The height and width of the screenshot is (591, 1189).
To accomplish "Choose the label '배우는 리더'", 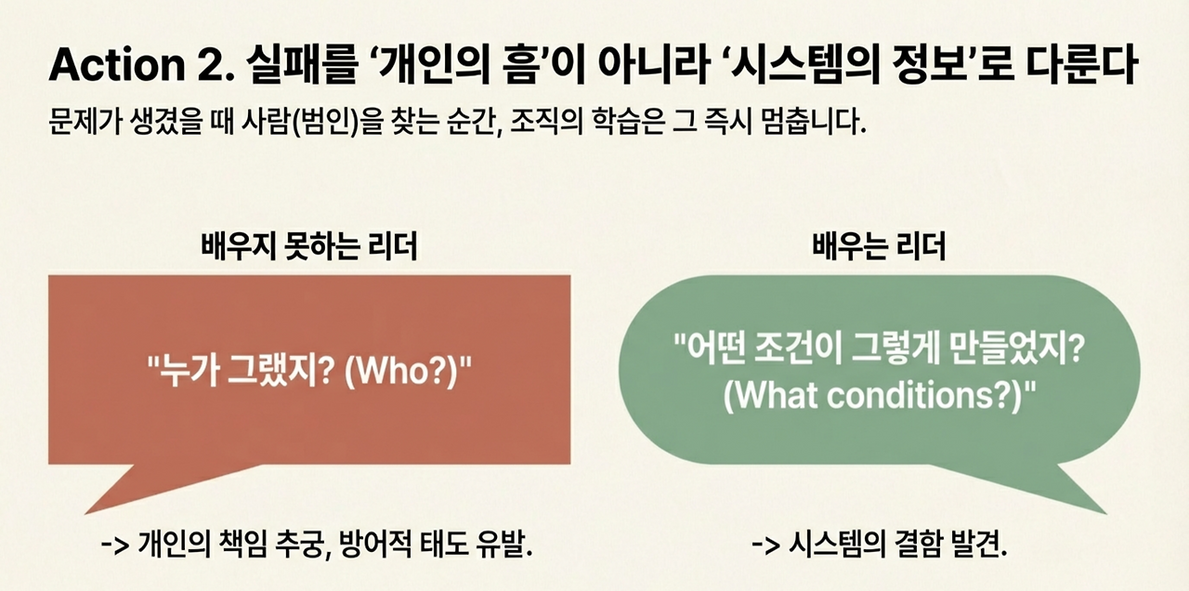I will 879,247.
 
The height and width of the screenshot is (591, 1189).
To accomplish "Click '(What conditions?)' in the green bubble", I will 879,396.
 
